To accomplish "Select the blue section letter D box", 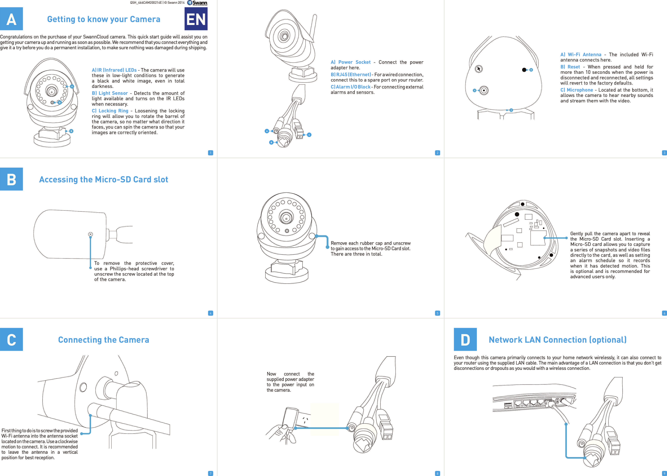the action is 465,339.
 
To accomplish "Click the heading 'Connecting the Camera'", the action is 104,340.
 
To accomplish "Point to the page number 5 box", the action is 437,313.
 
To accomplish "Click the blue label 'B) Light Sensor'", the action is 110,93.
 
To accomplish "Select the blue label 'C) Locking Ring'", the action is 110,111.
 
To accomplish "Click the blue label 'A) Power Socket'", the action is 351,62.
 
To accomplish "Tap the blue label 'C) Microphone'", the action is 577,90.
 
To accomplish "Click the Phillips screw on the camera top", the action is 90,234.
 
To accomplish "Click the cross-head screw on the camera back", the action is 479,69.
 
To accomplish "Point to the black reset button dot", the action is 524,70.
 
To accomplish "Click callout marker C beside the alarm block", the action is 309,135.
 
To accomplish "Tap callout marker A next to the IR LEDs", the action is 72,86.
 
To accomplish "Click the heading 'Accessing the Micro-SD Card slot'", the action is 104,179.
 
